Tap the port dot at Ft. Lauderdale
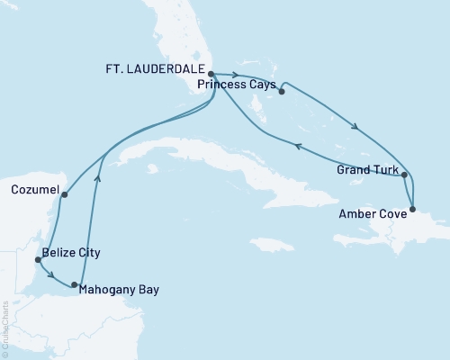[210, 75]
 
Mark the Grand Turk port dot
[405, 175]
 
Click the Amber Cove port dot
[413, 210]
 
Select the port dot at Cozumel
[65, 191]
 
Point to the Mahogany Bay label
[119, 291]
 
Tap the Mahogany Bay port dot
[75, 284]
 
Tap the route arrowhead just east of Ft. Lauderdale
[236, 76]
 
